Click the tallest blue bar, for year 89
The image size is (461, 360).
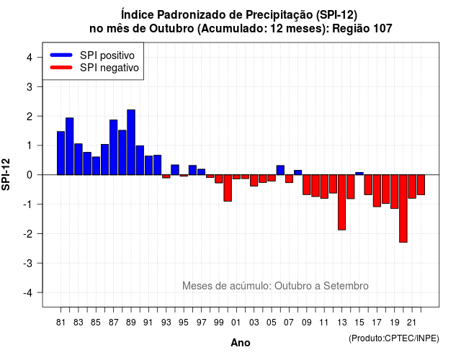[x=131, y=143]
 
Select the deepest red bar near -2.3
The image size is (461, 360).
[x=403, y=209]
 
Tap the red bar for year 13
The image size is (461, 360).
[x=342, y=202]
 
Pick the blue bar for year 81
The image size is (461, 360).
[x=61, y=153]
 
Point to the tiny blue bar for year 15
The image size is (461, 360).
[x=359, y=174]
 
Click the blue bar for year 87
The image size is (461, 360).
[x=114, y=147]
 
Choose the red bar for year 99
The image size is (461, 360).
[x=219, y=179]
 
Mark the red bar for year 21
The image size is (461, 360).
[x=412, y=186]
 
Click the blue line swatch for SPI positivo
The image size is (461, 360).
[x=61, y=55]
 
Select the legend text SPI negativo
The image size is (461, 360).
[x=109, y=68]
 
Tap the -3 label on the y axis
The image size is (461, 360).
[x=28, y=264]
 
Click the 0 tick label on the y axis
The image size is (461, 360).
[x=30, y=175]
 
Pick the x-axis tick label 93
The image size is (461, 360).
[x=166, y=323]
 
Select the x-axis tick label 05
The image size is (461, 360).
[x=272, y=323]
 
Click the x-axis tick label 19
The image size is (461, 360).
[x=395, y=323]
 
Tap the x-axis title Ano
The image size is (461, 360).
[x=241, y=343]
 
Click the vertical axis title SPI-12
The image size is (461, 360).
[x=6, y=174]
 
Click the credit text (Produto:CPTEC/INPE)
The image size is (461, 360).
[x=394, y=338]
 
